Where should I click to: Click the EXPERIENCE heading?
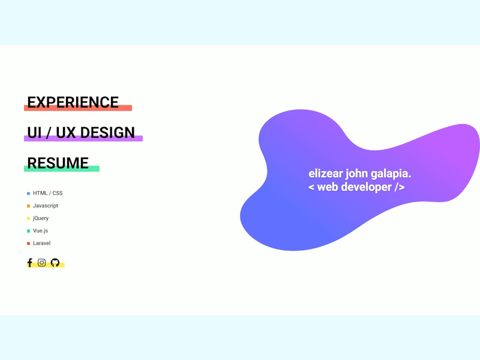tap(73, 102)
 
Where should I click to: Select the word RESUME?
tap(58, 163)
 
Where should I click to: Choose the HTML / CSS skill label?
tap(47, 193)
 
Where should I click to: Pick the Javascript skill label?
tap(46, 206)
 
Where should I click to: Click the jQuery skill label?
tap(41, 218)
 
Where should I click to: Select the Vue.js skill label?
tap(40, 230)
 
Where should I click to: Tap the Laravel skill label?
tap(41, 243)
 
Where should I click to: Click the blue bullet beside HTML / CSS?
tap(28, 193)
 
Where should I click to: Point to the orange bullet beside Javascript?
tap(28, 206)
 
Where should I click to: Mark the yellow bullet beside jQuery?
tap(28, 218)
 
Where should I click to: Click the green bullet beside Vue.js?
tap(28, 231)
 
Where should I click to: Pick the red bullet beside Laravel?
tap(28, 244)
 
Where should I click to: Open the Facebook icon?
tap(29, 263)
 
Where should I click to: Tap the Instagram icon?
tap(42, 263)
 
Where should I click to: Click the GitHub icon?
tap(55, 263)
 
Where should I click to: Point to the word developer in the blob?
tap(366, 187)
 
